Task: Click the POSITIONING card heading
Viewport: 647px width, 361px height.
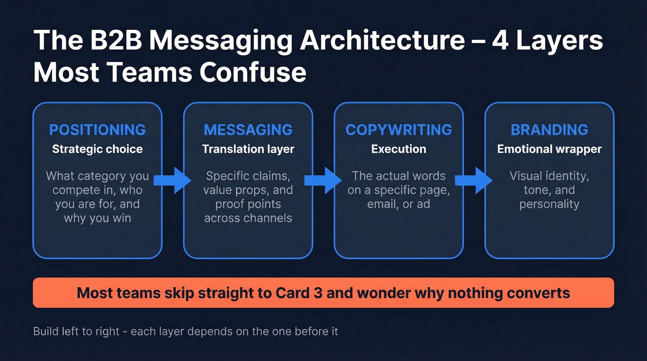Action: pyautogui.click(x=97, y=130)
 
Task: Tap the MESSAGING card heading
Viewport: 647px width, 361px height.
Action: pyautogui.click(x=248, y=130)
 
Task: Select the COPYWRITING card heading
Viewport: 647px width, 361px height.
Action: pyautogui.click(x=398, y=130)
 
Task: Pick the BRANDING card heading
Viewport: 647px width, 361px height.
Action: pyautogui.click(x=549, y=130)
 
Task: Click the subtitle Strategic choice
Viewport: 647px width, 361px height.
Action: pyautogui.click(x=97, y=149)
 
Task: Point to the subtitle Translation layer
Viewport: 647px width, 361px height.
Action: pyautogui.click(x=248, y=149)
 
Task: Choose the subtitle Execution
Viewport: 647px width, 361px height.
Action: pyautogui.click(x=398, y=149)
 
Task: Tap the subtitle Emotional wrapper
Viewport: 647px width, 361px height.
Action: pyautogui.click(x=549, y=149)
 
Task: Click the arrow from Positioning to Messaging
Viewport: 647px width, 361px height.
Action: pyautogui.click(x=172, y=180)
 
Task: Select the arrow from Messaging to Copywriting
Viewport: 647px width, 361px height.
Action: pyautogui.click(x=323, y=180)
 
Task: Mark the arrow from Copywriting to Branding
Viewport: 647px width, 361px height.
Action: pyautogui.click(x=473, y=180)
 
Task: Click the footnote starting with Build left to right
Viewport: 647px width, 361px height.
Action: pyautogui.click(x=185, y=331)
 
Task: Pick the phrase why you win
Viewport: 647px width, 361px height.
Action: pyautogui.click(x=97, y=218)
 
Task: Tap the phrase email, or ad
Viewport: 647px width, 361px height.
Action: pyautogui.click(x=398, y=204)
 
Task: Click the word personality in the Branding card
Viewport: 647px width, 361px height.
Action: pyautogui.click(x=549, y=204)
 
